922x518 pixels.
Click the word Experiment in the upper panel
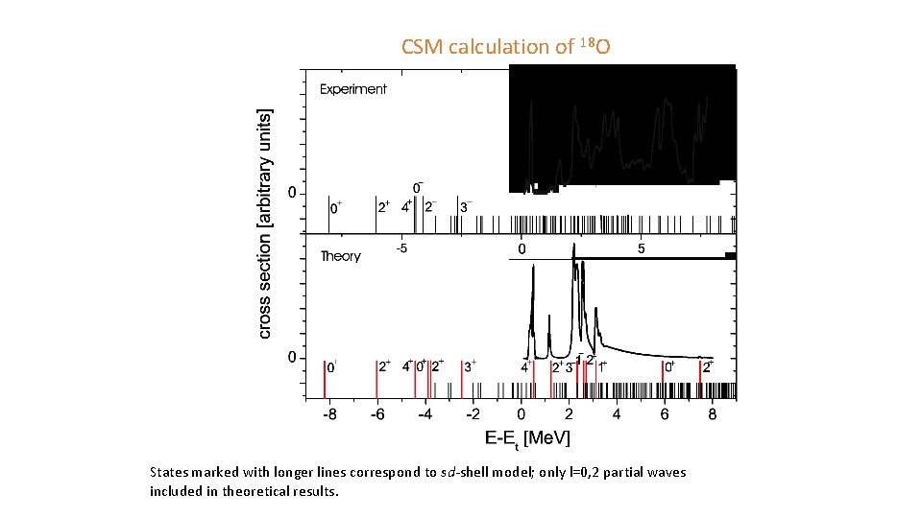[x=352, y=89]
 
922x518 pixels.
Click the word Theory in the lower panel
[x=340, y=256]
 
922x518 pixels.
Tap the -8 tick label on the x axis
[x=328, y=414]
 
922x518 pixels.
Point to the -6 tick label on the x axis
[x=376, y=414]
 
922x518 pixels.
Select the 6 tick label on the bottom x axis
[x=665, y=414]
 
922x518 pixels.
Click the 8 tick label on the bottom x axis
[x=712, y=414]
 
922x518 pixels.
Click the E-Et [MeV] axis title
[x=527, y=438]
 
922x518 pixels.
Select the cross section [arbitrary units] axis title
[x=265, y=223]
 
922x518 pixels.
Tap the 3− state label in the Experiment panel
[x=466, y=206]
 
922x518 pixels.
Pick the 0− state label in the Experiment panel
[x=418, y=187]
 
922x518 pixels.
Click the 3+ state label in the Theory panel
[x=470, y=365]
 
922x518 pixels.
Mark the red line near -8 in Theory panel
[x=325, y=379]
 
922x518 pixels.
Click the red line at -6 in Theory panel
[x=376, y=379]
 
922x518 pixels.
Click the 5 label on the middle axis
[x=641, y=249]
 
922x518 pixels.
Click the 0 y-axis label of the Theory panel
[x=293, y=358]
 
